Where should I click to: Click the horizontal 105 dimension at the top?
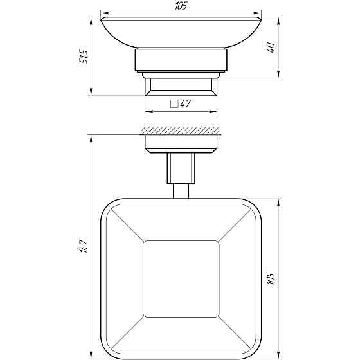(x=180, y=6)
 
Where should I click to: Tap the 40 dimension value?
(x=273, y=47)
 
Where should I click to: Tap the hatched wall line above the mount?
(x=180, y=130)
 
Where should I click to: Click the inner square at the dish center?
(x=180, y=279)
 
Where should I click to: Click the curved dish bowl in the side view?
(x=180, y=32)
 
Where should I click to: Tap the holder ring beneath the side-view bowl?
(x=180, y=62)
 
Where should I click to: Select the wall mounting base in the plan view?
(x=180, y=143)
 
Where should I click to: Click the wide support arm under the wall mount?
(x=180, y=168)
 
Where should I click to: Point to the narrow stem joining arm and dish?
(x=180, y=191)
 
